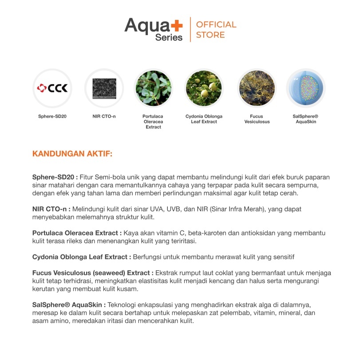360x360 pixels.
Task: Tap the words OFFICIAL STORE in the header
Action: (216, 30)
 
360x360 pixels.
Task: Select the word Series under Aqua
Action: (169, 38)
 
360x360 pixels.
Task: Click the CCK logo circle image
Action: (52, 88)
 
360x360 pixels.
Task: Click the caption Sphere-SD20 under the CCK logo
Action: (52, 116)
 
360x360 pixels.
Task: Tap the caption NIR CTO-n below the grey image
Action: (104, 116)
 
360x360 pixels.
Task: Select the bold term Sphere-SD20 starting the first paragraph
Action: (55, 177)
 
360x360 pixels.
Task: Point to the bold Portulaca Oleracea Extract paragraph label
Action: (77, 233)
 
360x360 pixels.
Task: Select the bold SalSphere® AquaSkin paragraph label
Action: (69, 305)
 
